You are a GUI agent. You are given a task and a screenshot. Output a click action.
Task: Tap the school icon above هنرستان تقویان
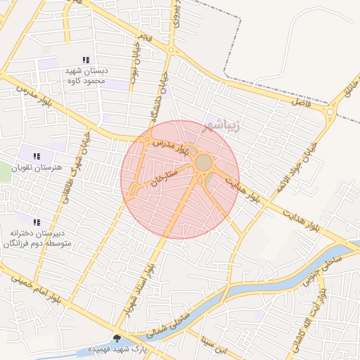click(x=37, y=156)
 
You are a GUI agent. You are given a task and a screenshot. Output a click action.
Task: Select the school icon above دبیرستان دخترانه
click(x=37, y=222)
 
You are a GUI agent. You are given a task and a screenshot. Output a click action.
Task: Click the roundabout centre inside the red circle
click(x=203, y=163)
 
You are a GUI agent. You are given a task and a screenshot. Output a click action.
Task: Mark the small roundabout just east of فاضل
click(x=329, y=112)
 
